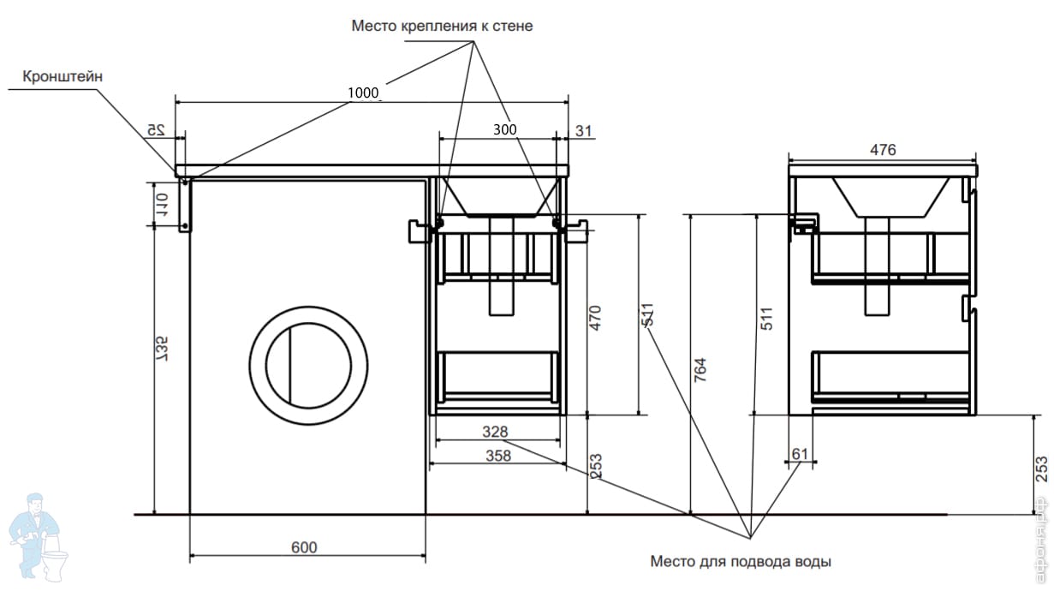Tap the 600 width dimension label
tap(305, 547)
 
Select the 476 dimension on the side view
tap(883, 150)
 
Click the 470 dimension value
tap(596, 318)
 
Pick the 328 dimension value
tap(495, 431)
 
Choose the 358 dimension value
tap(497, 456)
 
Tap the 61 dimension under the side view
tap(800, 453)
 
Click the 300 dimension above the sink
tap(505, 129)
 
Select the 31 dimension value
tap(583, 130)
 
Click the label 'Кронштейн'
tap(63, 76)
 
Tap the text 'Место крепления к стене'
tap(442, 26)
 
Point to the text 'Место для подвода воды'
tap(741, 563)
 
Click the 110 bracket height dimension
tap(160, 206)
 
